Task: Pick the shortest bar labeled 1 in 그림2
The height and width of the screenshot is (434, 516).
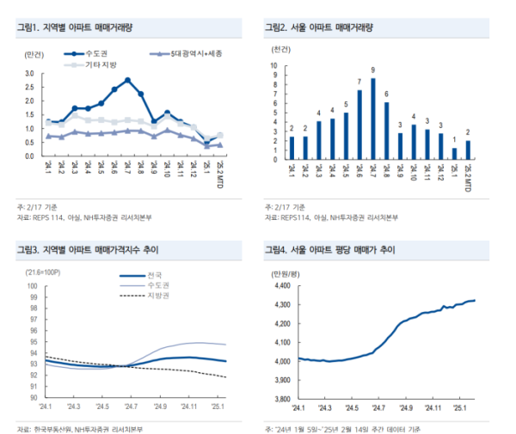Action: click(x=454, y=154)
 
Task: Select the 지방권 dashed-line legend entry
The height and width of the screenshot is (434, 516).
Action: click(x=151, y=296)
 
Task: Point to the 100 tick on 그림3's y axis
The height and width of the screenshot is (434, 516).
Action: click(x=30, y=286)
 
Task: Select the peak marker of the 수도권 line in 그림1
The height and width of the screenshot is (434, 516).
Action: click(x=127, y=80)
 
